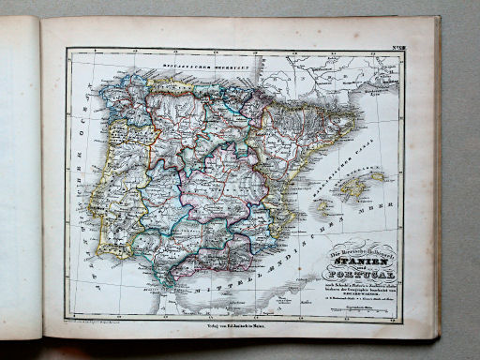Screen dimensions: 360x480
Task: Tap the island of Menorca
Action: click(x=377, y=175)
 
